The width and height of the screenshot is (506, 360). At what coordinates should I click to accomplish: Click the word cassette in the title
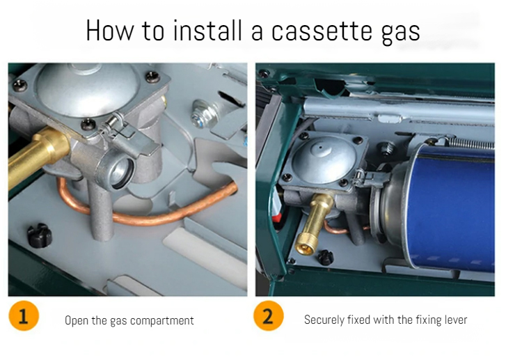click(322, 31)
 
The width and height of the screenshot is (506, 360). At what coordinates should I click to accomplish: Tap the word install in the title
click(207, 31)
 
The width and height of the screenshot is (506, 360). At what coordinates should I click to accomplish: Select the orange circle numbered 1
click(24, 315)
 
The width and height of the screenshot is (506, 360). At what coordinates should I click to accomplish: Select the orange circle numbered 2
click(269, 315)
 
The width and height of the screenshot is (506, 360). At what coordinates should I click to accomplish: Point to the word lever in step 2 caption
click(455, 320)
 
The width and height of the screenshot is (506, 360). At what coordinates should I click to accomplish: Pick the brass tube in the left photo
click(37, 155)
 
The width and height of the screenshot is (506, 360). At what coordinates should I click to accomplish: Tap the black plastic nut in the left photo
click(40, 235)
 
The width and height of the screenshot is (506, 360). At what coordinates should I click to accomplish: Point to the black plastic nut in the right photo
click(325, 258)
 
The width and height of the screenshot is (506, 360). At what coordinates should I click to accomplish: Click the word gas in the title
click(400, 33)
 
